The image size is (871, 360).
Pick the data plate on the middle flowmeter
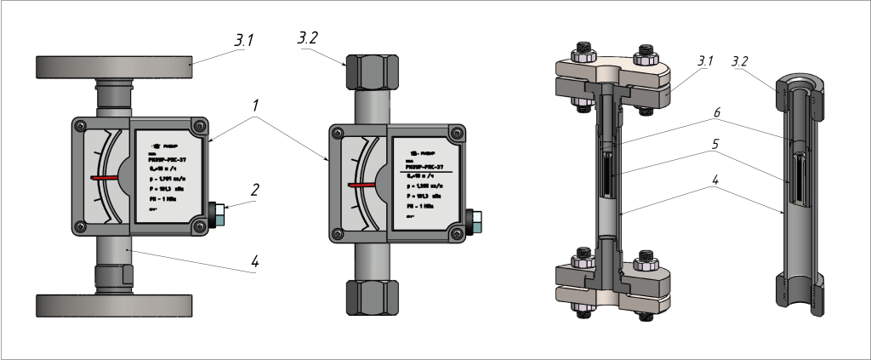click(x=426, y=181)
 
